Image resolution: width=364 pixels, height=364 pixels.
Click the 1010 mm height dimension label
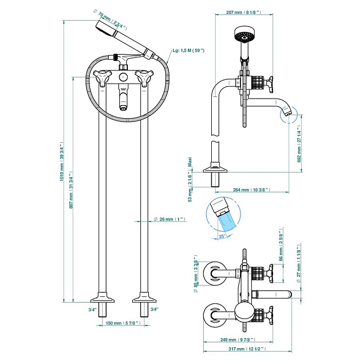click(63, 168)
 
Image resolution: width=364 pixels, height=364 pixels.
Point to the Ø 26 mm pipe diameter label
click(167, 219)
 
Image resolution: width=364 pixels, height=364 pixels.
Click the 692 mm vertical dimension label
click(300, 143)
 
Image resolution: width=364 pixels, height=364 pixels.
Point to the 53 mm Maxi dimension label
click(190, 179)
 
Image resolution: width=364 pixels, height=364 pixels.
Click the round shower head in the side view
click(243, 35)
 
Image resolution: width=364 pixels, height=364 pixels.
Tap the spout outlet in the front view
click(124, 107)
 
